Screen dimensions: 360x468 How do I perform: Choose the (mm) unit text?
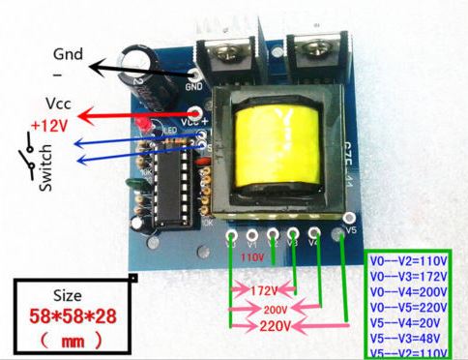tap(73, 342)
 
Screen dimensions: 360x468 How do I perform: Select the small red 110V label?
tap(251, 258)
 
